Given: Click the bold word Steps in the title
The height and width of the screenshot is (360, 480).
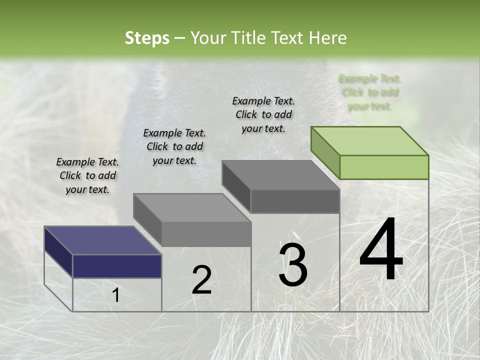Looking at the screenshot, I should pos(147,38).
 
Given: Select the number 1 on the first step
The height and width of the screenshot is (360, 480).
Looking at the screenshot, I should pos(116,295).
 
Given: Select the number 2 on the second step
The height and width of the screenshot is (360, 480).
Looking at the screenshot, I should pos(201,280).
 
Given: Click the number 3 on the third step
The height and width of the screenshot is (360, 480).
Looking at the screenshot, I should pos(293,265).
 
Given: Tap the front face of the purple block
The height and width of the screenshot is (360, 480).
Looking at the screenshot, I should pos(117,266).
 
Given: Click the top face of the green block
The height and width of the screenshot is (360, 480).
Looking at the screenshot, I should pos(370,140).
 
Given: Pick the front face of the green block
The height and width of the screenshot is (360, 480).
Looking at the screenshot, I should pos(384,167).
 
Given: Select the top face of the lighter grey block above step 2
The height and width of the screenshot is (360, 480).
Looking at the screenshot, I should pos(192,207).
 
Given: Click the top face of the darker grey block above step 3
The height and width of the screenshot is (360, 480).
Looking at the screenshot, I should pos(281,175).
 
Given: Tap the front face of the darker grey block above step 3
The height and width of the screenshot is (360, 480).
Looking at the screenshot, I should pos(295,201).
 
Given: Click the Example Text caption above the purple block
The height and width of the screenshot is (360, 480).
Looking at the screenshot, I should pos(87,175).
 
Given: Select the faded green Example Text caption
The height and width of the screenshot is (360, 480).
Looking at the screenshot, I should pos(370,92).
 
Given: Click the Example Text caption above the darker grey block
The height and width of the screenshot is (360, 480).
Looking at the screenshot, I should pos(263,114).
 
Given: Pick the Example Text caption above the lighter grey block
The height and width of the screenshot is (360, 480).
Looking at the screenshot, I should pos(174,146).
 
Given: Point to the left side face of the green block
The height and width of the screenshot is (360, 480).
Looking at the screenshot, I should pos(325,152).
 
